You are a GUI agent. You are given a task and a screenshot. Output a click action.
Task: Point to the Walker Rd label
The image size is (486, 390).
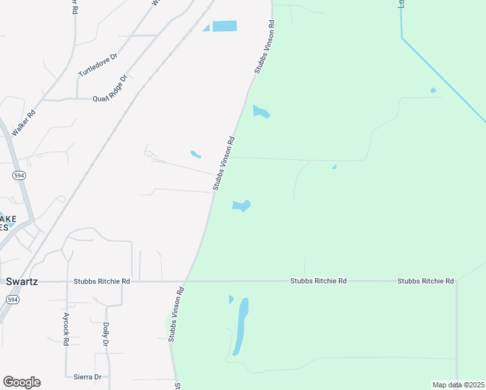pyautogui.click(x=27, y=122)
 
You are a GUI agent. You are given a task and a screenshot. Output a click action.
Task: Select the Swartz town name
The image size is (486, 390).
pyautogui.click(x=23, y=281)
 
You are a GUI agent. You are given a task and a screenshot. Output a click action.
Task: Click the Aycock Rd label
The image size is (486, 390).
pyautogui.click(x=66, y=331)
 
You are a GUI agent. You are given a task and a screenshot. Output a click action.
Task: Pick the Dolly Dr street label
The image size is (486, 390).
pyautogui.click(x=105, y=333)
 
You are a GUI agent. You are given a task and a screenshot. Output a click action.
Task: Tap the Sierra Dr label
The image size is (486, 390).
pyautogui.click(x=88, y=376)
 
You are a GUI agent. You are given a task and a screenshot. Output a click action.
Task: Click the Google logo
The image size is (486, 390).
pyautogui.click(x=21, y=382)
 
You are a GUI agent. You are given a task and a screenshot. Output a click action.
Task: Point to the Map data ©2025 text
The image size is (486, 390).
pyautogui.click(x=458, y=385)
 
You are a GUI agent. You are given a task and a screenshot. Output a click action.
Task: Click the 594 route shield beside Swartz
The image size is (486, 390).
pyautogui.click(x=12, y=299)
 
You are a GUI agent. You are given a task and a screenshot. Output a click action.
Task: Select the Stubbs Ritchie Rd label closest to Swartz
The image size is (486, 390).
pyautogui.click(x=102, y=281)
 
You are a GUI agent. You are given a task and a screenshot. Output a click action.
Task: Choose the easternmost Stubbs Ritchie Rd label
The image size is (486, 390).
pyautogui.click(x=426, y=281)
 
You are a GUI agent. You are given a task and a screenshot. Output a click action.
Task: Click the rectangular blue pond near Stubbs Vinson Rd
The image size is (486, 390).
pyautogui.click(x=224, y=26)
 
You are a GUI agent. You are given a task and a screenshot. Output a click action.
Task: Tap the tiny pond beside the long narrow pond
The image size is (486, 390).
pyautogui.click(x=231, y=300)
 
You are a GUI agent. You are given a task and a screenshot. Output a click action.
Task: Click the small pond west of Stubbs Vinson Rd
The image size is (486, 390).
pyautogui.click(x=195, y=154)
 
